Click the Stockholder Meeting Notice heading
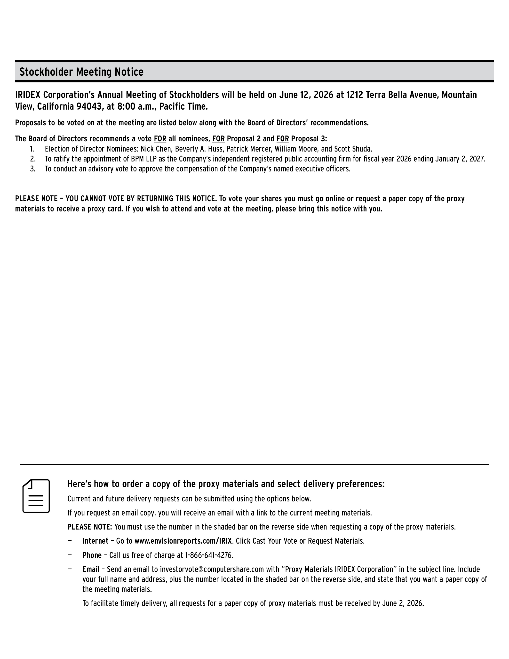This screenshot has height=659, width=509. [81, 72]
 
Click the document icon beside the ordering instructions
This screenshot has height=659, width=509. [36, 496]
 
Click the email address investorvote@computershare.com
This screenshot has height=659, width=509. [212, 569]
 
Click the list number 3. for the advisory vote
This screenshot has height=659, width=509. [32, 169]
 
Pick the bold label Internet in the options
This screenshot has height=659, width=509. [95, 541]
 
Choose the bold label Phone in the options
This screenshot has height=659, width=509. [92, 555]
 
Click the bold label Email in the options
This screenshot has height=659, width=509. [91, 569]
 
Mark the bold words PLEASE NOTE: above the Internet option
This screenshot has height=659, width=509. [90, 527]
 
